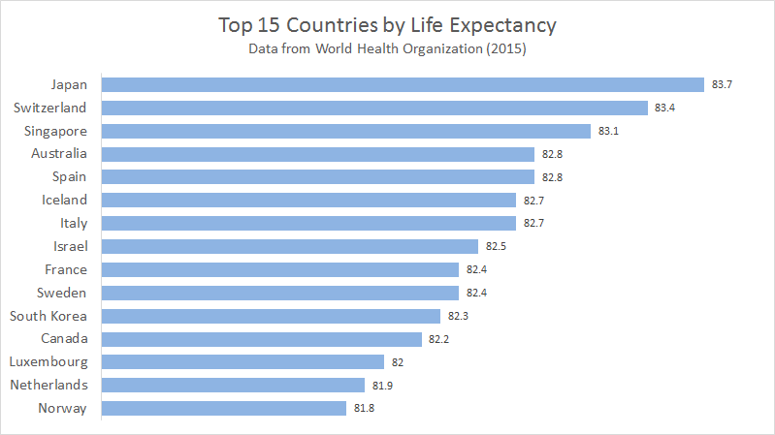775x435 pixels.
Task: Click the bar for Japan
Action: click(403, 84)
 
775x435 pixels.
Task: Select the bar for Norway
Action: click(223, 408)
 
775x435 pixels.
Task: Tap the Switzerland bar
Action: click(374, 108)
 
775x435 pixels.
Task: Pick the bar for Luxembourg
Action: click(242, 362)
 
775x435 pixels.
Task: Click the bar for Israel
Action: click(290, 246)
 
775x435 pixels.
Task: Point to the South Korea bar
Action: click(271, 316)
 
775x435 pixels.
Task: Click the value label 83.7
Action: click(721, 85)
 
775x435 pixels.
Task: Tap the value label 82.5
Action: click(496, 247)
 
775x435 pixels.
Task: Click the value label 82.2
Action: click(438, 339)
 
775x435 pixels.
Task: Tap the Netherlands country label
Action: click(48, 385)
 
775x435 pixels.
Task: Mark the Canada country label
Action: click(63, 338)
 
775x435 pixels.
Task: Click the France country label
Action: click(65, 269)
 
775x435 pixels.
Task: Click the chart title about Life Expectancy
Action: click(387, 23)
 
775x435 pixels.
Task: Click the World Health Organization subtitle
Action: click(388, 47)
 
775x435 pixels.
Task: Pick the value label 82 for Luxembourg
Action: click(398, 362)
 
